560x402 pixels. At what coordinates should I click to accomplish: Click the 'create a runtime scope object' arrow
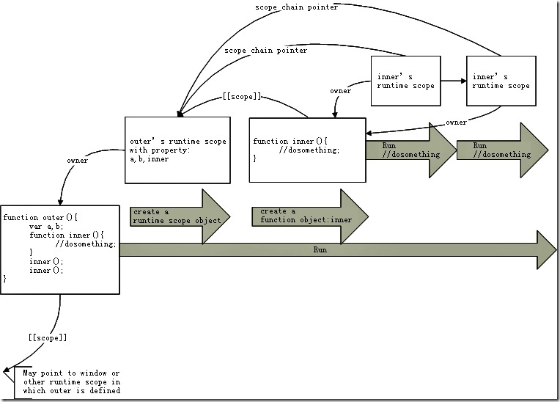point(176,216)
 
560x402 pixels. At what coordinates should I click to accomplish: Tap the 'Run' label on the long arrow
point(320,250)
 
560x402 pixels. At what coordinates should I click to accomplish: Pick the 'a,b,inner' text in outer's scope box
point(149,159)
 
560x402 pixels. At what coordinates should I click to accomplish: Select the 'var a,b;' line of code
point(47,227)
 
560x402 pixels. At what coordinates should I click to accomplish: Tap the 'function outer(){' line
point(40,218)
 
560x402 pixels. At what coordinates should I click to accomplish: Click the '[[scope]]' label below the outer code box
point(47,337)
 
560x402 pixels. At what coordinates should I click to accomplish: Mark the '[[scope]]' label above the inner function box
point(241,97)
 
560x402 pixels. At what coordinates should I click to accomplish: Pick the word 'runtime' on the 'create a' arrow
point(151,220)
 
